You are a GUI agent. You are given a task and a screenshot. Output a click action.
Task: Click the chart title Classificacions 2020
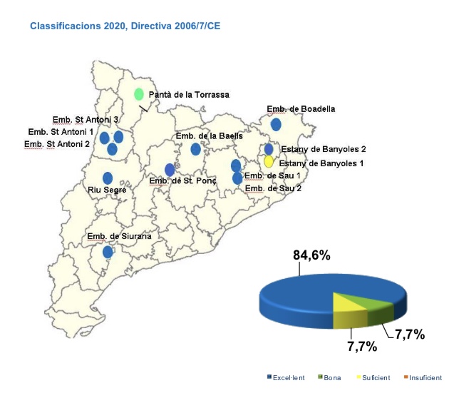click(x=125, y=26)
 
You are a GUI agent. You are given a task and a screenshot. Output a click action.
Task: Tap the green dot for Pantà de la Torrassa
click(x=139, y=94)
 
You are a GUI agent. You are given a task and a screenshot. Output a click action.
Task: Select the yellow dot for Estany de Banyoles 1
click(x=269, y=162)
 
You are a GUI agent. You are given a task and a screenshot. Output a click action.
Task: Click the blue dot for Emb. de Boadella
click(x=276, y=124)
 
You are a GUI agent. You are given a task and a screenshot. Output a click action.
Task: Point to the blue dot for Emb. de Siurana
click(x=108, y=252)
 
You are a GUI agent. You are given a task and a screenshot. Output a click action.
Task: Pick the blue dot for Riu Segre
click(x=108, y=178)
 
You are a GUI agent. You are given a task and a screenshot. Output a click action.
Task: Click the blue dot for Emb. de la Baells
click(x=195, y=149)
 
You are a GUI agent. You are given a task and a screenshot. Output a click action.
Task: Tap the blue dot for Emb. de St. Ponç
click(x=170, y=170)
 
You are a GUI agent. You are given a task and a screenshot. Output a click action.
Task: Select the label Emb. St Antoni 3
click(x=86, y=120)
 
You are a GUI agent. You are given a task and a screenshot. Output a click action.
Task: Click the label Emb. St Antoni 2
click(x=57, y=144)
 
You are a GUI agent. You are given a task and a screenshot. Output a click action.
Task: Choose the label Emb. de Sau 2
click(x=272, y=189)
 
